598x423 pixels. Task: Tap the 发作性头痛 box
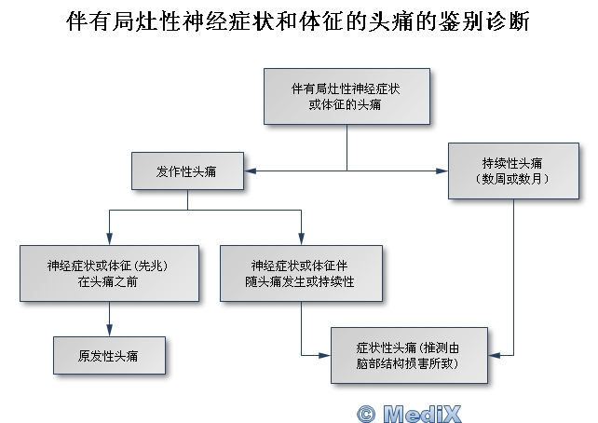click(188, 171)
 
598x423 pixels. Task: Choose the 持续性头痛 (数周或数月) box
click(514, 170)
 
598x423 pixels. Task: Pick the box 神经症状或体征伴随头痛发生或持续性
click(300, 272)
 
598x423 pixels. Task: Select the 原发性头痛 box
click(109, 354)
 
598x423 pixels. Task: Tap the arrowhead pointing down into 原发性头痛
click(110, 331)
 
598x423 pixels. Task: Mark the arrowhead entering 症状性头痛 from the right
click(489, 355)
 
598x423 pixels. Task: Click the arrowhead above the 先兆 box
click(110, 239)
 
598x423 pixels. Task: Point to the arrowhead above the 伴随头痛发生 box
click(302, 239)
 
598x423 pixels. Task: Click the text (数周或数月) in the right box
click(514, 177)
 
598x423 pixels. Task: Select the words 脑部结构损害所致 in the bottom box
click(410, 362)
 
